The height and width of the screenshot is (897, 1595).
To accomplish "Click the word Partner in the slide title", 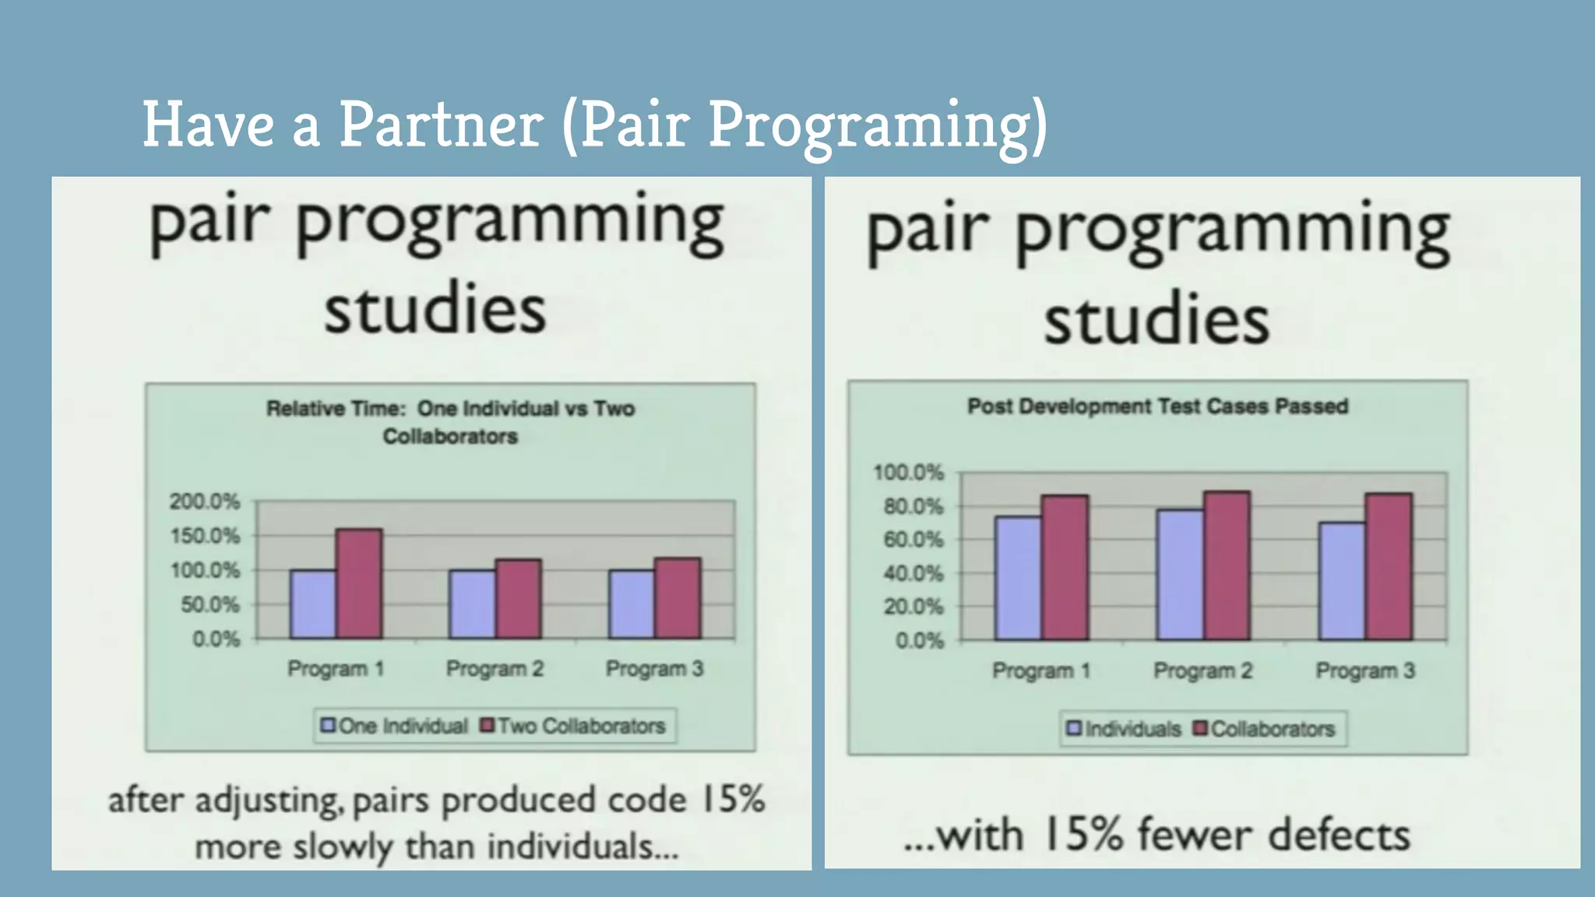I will (440, 125).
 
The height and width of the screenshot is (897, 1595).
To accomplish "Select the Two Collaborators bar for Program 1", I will (359, 584).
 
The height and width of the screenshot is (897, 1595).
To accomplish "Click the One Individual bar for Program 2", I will (472, 604).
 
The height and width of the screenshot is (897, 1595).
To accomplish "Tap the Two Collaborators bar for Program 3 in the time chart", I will (678, 598).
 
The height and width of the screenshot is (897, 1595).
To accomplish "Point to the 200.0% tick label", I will (205, 501).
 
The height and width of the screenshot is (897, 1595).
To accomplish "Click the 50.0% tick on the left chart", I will (209, 605).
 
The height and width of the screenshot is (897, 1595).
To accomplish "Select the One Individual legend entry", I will (394, 726).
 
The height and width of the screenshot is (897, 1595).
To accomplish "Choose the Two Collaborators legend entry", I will (573, 726).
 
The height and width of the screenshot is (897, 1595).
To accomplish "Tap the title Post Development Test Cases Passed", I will (1157, 406).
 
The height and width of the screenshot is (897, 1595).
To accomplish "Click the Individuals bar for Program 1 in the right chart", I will (1018, 578).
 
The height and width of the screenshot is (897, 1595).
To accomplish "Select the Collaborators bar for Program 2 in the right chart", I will (1227, 566).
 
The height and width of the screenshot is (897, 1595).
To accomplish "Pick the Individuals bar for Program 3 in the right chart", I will (1342, 581).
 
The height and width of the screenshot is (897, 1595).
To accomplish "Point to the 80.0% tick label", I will (913, 507).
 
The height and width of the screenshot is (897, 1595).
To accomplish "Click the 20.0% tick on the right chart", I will (913, 607).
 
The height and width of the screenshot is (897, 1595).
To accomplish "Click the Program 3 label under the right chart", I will (1365, 671).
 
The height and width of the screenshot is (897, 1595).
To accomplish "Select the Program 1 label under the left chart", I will (336, 669).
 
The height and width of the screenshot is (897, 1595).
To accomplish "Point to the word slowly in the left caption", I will (343, 846).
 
